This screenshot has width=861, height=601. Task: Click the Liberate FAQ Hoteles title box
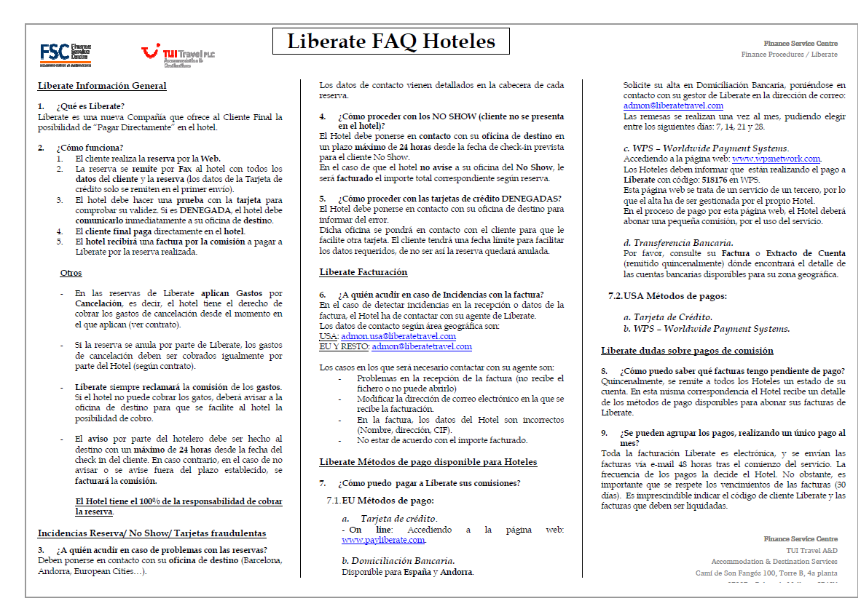click(x=391, y=41)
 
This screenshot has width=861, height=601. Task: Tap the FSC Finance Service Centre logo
click(x=66, y=54)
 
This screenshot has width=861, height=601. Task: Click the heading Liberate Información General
click(x=102, y=86)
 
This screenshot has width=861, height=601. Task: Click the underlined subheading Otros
click(x=71, y=273)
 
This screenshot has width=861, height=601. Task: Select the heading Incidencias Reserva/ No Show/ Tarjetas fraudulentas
click(x=152, y=533)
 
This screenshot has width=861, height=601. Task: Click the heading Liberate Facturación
click(x=363, y=272)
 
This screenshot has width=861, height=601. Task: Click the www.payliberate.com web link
click(x=383, y=540)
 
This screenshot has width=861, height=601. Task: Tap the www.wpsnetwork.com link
click(x=776, y=159)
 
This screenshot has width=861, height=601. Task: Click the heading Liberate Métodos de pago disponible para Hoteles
click(x=428, y=462)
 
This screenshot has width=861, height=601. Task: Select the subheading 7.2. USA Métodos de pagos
click(x=667, y=296)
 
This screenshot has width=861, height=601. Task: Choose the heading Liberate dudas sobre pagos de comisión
click(x=687, y=351)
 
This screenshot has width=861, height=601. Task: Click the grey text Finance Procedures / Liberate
click(x=789, y=55)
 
